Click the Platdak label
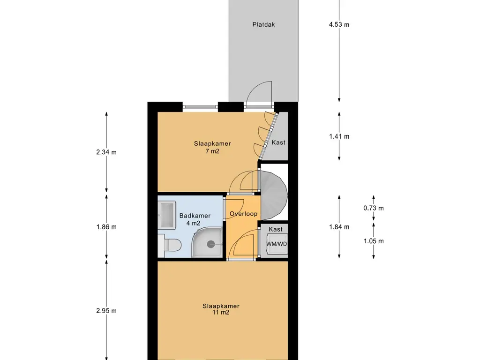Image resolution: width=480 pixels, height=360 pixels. click(263, 24)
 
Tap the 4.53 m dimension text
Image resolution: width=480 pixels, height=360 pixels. click(339, 24)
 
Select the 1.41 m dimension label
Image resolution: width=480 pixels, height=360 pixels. click(339, 136)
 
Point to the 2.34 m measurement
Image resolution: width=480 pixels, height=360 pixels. click(106, 152)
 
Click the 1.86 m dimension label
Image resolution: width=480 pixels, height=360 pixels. click(106, 227)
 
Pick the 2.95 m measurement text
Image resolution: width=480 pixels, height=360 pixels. click(106, 311)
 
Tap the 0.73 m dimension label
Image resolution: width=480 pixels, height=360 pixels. click(374, 208)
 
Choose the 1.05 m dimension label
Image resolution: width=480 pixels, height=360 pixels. click(374, 241)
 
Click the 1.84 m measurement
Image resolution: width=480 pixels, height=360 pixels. click(339, 227)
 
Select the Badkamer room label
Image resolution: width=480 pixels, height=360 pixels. click(195, 216)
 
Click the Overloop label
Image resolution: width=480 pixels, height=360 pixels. click(244, 214)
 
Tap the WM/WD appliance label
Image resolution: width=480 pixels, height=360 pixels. click(277, 244)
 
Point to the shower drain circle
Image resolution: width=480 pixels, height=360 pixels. click(210, 244)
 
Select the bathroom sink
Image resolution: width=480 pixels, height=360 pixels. click(167, 215)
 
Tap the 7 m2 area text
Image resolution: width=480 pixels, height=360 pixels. click(212, 151)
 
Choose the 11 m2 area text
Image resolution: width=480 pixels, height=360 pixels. click(221, 313)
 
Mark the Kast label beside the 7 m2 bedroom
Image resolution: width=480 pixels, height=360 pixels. click(278, 142)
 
